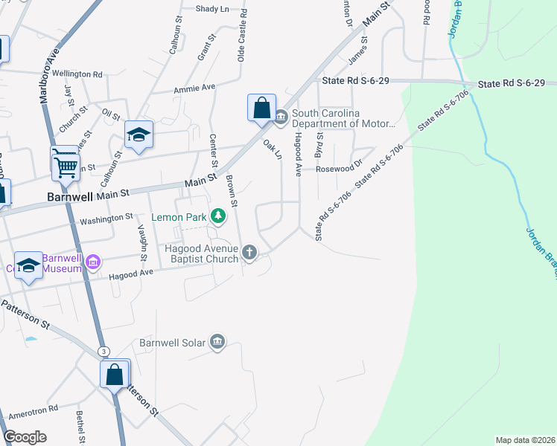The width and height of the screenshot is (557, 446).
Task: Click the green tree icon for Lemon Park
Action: pyautogui.click(x=218, y=216)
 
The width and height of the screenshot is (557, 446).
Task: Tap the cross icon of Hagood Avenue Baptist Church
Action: pyautogui.click(x=249, y=253)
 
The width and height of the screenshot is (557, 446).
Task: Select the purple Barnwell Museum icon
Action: pyautogui.click(x=92, y=262)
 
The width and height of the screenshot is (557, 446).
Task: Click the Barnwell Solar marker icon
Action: pyautogui.click(x=217, y=342)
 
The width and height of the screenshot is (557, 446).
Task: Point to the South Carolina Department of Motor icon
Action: pyautogui.click(x=281, y=117)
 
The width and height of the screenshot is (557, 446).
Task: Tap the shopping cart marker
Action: pyautogui.click(x=66, y=164)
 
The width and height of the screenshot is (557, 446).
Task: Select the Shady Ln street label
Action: pyautogui.click(x=212, y=9)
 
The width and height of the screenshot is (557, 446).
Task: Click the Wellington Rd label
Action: pyautogui.click(x=77, y=74)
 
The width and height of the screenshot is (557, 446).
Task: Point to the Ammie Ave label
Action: pyautogui.click(x=194, y=87)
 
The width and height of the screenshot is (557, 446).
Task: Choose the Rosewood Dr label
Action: pyautogui.click(x=338, y=169)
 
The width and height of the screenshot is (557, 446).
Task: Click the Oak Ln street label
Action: pyautogui.click(x=273, y=149)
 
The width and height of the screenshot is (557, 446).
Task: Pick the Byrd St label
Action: pyautogui.click(x=320, y=146)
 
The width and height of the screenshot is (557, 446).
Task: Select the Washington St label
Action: pyautogui.click(x=106, y=219)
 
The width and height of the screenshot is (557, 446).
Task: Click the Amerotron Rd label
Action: pyautogui.click(x=33, y=410)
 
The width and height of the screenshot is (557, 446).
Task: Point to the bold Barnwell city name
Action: pyautogui.click(x=69, y=198)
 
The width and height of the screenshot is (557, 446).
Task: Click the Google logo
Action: pyautogui.click(x=25, y=437)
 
